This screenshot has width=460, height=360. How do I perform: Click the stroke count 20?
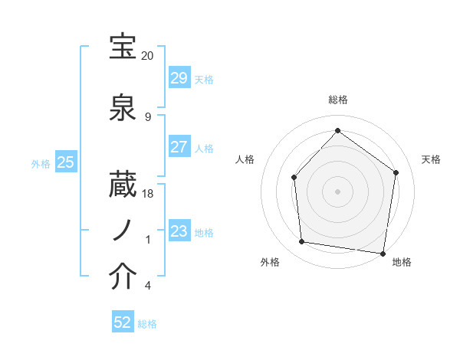148,56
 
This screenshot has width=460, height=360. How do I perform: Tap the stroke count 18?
148,194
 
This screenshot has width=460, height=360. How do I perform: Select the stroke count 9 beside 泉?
148,117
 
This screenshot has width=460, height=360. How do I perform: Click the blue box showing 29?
179,78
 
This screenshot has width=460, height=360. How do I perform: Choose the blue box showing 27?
179,147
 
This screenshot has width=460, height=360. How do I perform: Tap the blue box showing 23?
179,231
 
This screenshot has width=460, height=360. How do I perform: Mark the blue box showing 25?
65,162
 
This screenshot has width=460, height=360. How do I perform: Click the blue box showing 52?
123,322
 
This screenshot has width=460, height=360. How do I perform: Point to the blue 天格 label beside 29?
204,80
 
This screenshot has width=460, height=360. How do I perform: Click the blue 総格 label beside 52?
147,324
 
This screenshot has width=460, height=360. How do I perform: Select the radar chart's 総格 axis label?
338,100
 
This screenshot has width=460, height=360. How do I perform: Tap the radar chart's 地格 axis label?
402,262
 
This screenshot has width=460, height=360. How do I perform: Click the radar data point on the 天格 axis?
396,172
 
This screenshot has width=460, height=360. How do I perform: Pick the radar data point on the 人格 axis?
294,178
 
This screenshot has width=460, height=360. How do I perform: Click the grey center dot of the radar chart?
338,191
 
